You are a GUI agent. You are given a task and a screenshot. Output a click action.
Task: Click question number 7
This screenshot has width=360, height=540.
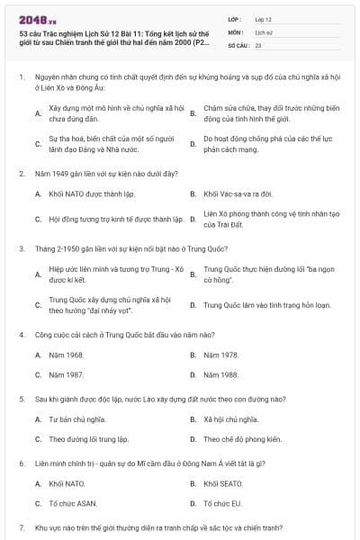pyautogui.click(x=21, y=527)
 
